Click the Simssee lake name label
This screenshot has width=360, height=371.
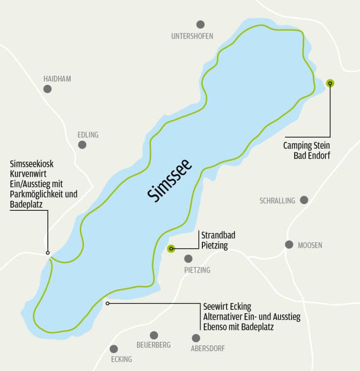tap(169, 180)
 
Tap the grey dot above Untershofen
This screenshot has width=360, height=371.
tap(200, 24)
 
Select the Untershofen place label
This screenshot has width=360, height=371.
tap(192, 36)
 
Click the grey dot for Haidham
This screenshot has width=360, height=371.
tap(47, 89)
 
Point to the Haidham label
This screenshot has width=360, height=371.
tap(57, 79)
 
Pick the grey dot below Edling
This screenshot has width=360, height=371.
tap(82, 145)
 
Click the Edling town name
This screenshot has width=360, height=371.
tap(88, 135)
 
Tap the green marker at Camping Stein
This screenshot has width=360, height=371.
tap(330, 82)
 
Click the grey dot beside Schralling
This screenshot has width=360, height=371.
tap(304, 199)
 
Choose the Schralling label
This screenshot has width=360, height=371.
tap(277, 200)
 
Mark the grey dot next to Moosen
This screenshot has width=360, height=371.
tap(289, 245)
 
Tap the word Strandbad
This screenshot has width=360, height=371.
tap(218, 235)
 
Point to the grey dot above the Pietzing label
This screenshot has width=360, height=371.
tap(188, 259)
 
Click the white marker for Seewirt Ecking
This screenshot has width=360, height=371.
tap(108, 303)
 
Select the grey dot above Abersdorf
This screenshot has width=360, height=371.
tap(196, 338)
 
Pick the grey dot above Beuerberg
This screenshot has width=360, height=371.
tap(153, 335)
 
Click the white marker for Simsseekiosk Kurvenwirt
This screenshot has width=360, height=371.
tap(48, 253)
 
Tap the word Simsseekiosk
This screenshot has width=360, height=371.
tap(32, 164)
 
